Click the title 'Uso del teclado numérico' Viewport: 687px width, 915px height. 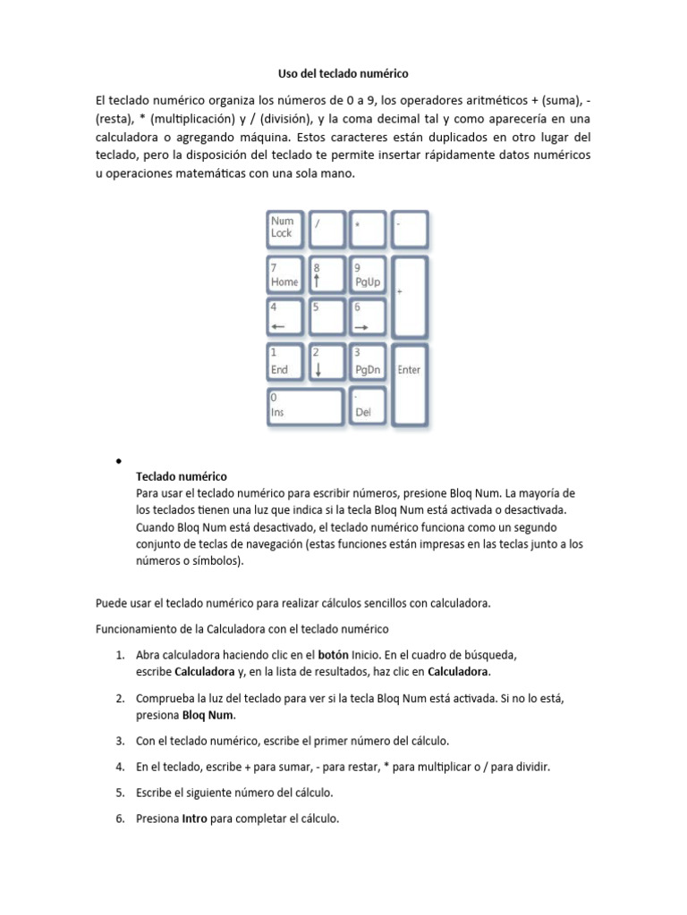[343, 72]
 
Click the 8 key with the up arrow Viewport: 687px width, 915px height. [327, 274]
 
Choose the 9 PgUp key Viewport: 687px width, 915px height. [369, 274]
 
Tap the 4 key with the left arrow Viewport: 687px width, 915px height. [284, 317]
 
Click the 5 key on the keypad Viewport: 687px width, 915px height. [327, 317]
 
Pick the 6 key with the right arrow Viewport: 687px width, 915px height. [369, 317]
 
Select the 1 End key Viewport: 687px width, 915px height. [284, 362]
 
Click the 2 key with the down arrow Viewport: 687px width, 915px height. [327, 362]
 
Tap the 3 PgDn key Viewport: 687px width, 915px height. [369, 362]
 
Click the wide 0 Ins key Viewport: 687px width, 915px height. [305, 406]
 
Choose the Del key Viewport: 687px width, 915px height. [369, 406]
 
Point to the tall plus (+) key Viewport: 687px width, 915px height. [411, 296]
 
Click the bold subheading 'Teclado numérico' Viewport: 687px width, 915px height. [181, 476]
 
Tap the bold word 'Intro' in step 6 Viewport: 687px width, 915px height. [195, 817]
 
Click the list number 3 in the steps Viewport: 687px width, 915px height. [119, 741]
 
